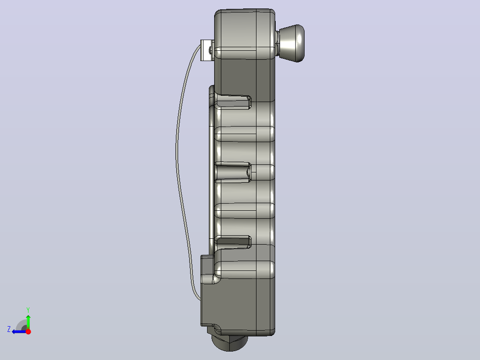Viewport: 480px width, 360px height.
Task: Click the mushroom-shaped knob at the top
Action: pyautogui.click(x=293, y=43)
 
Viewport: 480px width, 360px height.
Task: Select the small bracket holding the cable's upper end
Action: pyautogui.click(x=207, y=50)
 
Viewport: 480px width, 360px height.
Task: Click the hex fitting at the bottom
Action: pyautogui.click(x=230, y=343)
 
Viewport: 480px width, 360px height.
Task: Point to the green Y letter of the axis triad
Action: pyautogui.click(x=28, y=310)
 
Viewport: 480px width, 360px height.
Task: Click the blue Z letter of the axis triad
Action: pyautogui.click(x=9, y=329)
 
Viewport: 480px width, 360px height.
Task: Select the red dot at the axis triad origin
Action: pyautogui.click(x=28, y=331)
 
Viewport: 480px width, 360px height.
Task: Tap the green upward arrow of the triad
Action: pyautogui.click(x=28, y=321)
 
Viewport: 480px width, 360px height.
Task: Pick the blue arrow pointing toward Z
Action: pyautogui.click(x=19, y=331)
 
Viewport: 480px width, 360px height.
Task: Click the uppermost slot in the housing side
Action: pyautogui.click(x=234, y=102)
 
